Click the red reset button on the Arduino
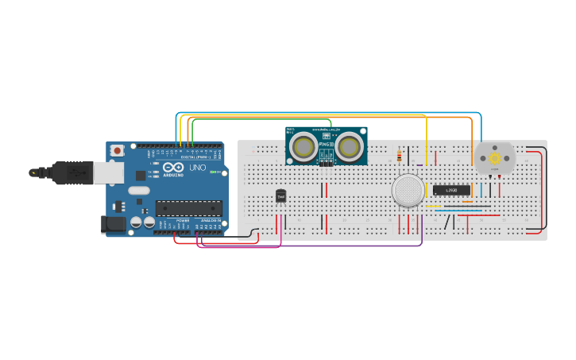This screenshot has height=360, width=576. click(118, 149)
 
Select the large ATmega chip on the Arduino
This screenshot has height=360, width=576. click(188, 208)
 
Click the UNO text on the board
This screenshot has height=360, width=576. click(196, 168)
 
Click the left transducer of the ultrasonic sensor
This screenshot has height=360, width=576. click(303, 146)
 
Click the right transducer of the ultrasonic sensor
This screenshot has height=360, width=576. click(349, 146)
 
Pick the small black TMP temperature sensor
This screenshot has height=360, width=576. click(280, 195)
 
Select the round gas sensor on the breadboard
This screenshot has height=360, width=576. click(408, 191)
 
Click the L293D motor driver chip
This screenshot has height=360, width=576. click(450, 190)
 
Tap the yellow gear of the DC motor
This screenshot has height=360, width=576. click(494, 158)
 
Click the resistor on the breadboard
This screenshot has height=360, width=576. click(399, 157)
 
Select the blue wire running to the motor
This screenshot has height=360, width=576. click(334, 113)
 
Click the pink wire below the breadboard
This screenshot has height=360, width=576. click(238, 247)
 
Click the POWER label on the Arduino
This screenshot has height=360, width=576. click(182, 221)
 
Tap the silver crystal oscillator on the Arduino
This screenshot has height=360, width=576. click(138, 190)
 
